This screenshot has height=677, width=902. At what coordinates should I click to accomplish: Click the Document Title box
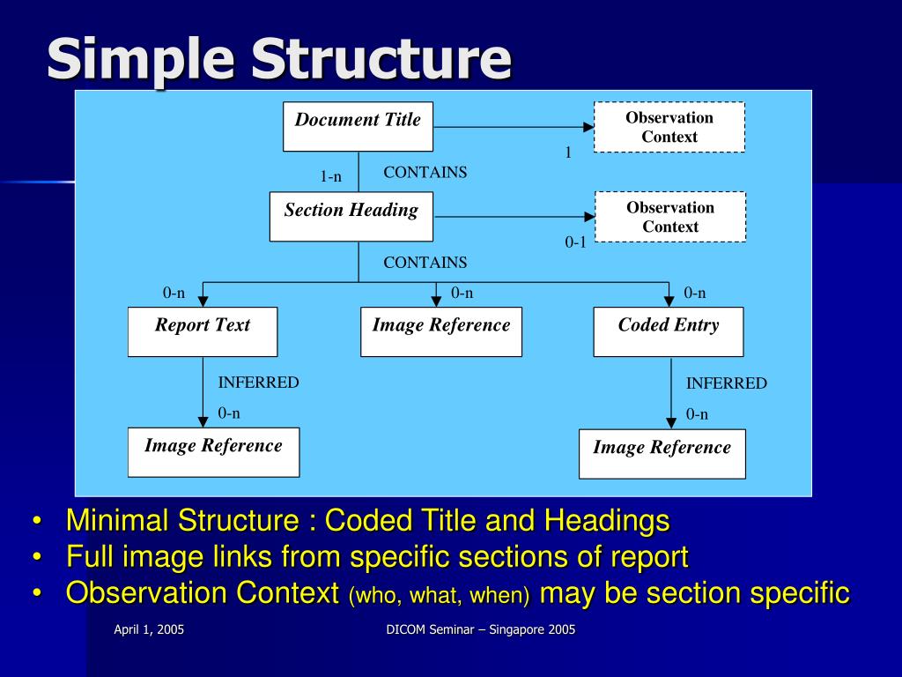pyautogui.click(x=358, y=127)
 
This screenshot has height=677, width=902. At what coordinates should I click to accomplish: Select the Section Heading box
pyautogui.click(x=351, y=216)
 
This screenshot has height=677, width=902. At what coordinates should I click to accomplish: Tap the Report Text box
pyautogui.click(x=203, y=331)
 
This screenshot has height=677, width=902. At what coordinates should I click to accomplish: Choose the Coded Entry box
pyautogui.click(x=668, y=331)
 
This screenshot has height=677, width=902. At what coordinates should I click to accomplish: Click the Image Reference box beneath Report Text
pyautogui.click(x=213, y=451)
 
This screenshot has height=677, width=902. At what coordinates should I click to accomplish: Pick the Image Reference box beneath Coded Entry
pyautogui.click(x=662, y=453)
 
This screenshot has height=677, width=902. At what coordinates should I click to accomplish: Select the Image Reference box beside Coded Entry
pyautogui.click(x=440, y=331)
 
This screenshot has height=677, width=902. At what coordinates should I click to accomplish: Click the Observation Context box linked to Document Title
pyautogui.click(x=669, y=127)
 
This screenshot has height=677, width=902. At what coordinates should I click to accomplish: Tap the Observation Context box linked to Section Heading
pyautogui.click(x=669, y=217)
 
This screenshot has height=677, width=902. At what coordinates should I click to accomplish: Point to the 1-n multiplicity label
pyautogui.click(x=330, y=177)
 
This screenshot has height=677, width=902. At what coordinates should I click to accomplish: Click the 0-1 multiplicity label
pyautogui.click(x=575, y=242)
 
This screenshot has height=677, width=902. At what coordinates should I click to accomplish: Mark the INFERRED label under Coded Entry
pyautogui.click(x=726, y=383)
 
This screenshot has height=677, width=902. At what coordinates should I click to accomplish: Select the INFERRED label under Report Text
pyautogui.click(x=258, y=383)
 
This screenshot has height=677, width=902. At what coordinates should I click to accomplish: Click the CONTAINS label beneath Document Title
pyautogui.click(x=425, y=173)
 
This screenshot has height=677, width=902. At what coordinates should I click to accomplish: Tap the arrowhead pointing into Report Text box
pyautogui.click(x=203, y=301)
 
